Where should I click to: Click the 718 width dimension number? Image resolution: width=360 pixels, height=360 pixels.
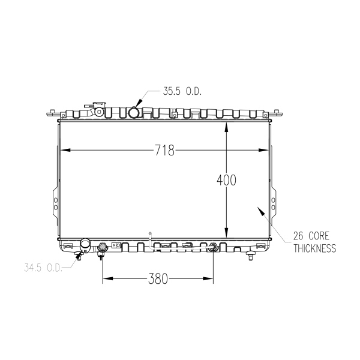click(x=164, y=151)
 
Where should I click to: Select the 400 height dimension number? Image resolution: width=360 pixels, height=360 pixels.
click(x=226, y=180)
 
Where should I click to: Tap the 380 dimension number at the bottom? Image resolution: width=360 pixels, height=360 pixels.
click(x=158, y=279)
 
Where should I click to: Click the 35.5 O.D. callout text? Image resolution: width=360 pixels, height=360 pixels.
click(x=182, y=91)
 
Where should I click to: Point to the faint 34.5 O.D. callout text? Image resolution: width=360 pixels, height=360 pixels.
click(x=43, y=268)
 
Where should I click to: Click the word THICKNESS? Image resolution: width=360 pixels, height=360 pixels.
click(x=315, y=248)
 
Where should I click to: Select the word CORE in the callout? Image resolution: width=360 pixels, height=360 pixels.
click(x=319, y=236)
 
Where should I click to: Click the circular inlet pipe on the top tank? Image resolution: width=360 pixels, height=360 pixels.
click(x=134, y=113)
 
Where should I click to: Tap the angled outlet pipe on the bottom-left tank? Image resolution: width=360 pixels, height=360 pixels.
click(x=85, y=246)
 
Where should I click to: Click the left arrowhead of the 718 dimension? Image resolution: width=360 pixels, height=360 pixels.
click(x=65, y=150)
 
